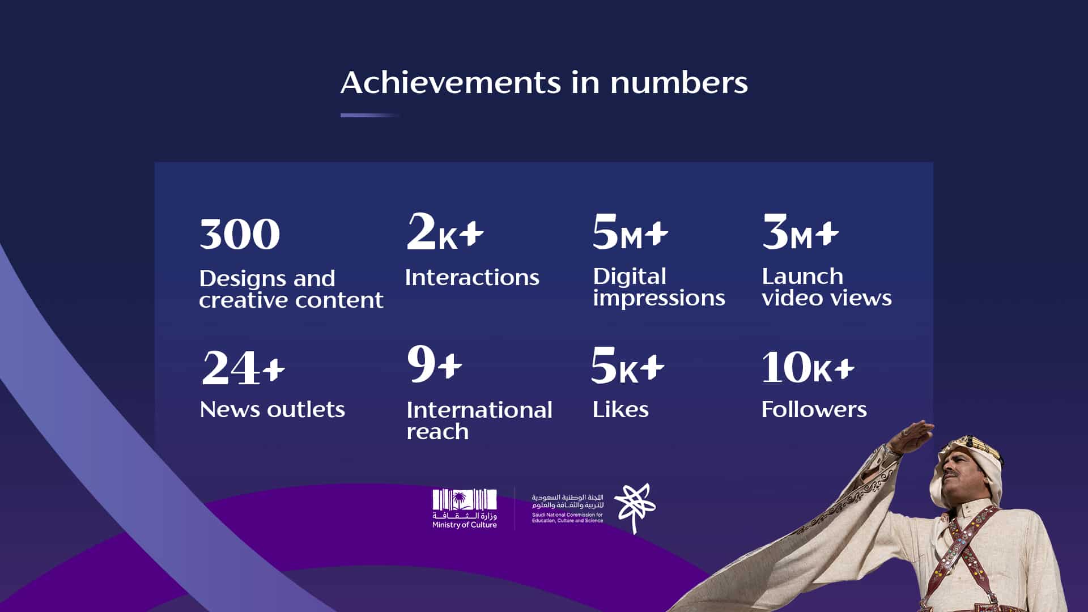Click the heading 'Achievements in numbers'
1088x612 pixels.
point(544,83)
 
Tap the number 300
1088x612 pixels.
point(240,234)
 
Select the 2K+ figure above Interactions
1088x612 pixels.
point(445,231)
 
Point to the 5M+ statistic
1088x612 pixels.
point(630,231)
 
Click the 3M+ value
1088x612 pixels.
point(800,231)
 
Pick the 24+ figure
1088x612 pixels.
point(243,368)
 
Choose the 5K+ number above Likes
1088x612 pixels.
point(627,365)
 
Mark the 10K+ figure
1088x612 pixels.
point(807,367)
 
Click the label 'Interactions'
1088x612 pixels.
point(472,278)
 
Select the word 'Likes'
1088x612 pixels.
point(620,409)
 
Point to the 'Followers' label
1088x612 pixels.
point(814,409)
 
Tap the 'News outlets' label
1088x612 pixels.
point(272,409)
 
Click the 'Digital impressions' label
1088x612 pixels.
point(659,287)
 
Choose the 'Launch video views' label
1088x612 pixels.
point(827,287)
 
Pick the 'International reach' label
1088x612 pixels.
point(479,420)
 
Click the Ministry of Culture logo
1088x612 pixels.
point(465,509)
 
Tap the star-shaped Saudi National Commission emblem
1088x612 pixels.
point(635,508)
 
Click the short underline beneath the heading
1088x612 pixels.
point(370,115)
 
